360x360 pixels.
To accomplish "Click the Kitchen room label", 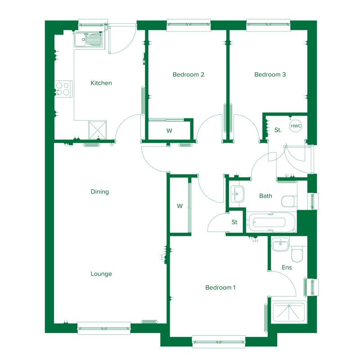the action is click(x=101, y=83).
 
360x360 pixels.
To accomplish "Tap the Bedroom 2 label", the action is click(x=188, y=74).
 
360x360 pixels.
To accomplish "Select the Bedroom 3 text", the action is click(x=270, y=74).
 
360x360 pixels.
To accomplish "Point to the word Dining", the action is click(x=99, y=192).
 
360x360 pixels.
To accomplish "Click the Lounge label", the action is click(x=101, y=274).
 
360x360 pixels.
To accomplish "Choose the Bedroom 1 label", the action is click(x=220, y=288).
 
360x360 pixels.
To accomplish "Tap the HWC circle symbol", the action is click(x=296, y=126).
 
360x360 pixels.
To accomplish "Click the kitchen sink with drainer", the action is click(x=89, y=40).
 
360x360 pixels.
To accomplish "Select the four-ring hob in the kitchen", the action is click(x=63, y=89).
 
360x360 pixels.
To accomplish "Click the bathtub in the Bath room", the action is click(x=271, y=222).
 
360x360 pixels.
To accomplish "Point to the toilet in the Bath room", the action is click(x=289, y=201).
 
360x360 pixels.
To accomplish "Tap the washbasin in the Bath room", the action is click(x=237, y=194).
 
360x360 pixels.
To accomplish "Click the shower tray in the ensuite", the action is click(x=289, y=312).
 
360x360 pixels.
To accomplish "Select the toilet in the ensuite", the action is click(x=297, y=254).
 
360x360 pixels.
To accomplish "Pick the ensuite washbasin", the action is click(x=280, y=244).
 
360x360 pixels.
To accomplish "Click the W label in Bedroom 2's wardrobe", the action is click(x=169, y=130).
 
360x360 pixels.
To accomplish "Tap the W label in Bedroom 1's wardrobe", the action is click(x=180, y=206).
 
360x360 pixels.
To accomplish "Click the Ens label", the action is click(x=287, y=267).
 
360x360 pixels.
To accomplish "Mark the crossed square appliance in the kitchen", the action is click(x=98, y=130).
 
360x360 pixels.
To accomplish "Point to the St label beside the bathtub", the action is click(x=234, y=222).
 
